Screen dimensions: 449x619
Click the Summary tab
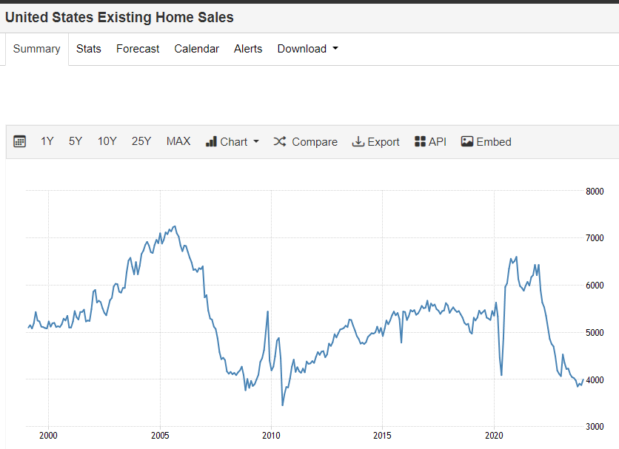[36, 49]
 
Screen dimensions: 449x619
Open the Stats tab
[89, 49]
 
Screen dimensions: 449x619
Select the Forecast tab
[138, 49]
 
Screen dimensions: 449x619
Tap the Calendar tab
[196, 49]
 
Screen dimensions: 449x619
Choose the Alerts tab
[248, 49]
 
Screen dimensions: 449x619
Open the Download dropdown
[307, 49]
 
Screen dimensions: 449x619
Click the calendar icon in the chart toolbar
[20, 141]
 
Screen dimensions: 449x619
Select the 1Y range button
[47, 141]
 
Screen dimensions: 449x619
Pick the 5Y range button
[76, 141]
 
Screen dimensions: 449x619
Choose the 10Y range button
[107, 141]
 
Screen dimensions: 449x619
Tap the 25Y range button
[141, 141]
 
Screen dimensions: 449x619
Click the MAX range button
[178, 141]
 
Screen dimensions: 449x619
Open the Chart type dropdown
[232, 141]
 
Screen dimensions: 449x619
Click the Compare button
[305, 141]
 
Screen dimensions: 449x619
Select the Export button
[375, 141]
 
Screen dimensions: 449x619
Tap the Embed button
[486, 141]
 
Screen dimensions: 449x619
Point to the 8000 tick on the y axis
[595, 191]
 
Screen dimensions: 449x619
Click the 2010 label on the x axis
[271, 435]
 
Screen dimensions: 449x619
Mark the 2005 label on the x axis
[160, 435]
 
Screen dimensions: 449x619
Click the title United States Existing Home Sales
[119, 17]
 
